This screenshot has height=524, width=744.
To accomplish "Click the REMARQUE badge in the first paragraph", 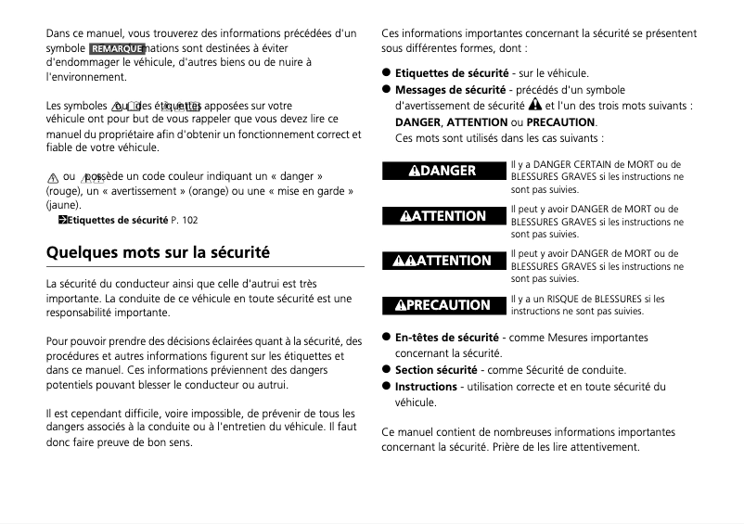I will click(117, 48).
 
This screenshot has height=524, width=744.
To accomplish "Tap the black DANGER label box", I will click(443, 171).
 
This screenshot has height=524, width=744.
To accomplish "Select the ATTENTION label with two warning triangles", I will click(443, 261).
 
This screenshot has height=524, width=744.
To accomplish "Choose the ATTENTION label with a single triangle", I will click(443, 216).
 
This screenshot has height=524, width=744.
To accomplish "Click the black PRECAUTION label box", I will click(443, 305).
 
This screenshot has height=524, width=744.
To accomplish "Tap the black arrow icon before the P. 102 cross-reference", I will click(62, 220).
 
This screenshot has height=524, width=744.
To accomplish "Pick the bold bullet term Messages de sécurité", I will click(451, 90).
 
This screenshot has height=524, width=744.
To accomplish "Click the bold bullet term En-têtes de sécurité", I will click(447, 338).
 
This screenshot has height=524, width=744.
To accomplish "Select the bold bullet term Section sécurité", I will click(438, 370).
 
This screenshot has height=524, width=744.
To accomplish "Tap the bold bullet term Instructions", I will click(426, 387).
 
